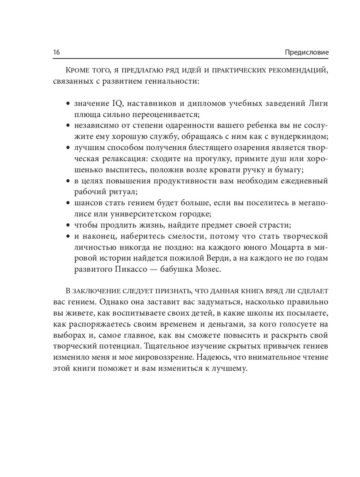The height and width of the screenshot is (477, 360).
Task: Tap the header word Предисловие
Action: click(307, 53)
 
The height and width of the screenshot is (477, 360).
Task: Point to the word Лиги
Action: click(319, 103)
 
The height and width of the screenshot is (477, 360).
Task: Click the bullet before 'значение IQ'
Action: click(68, 104)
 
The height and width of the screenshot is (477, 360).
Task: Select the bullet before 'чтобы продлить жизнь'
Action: click(68, 226)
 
